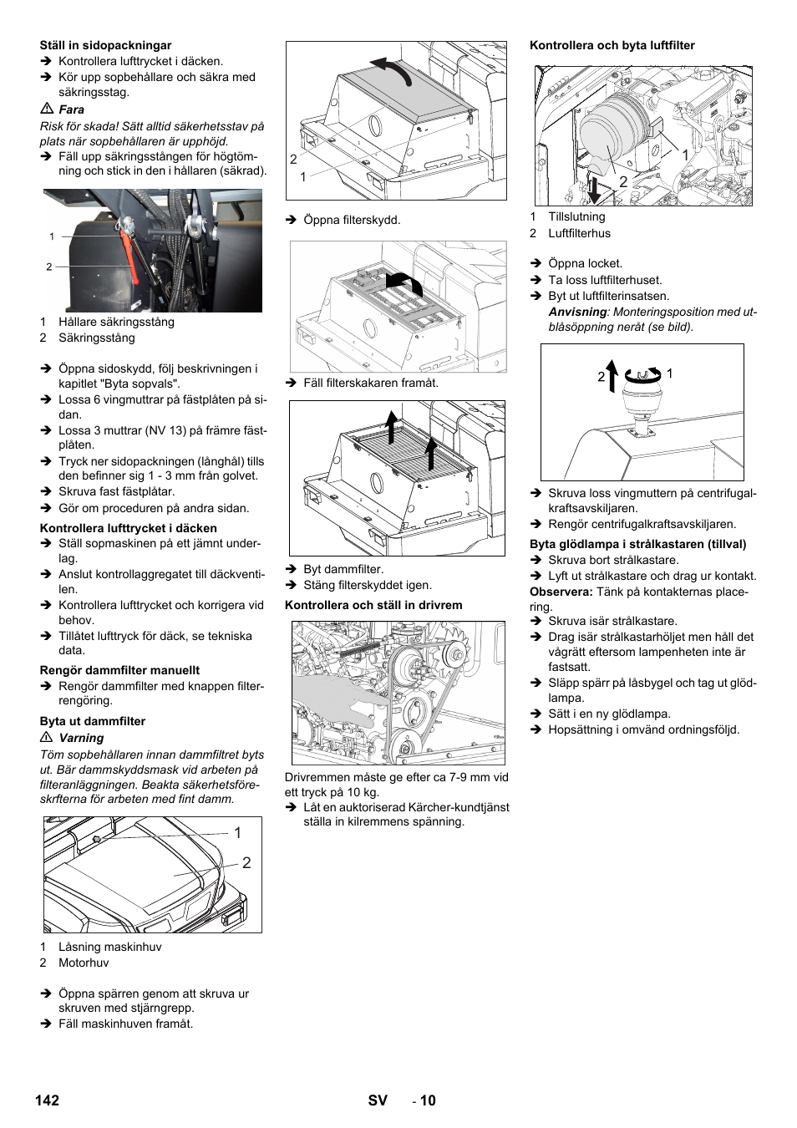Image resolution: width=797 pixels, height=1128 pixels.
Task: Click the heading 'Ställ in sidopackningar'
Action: tap(105, 45)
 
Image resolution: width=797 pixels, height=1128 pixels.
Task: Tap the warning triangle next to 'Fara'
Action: tap(47, 109)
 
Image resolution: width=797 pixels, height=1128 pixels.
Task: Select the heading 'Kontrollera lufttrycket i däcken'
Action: tap(128, 528)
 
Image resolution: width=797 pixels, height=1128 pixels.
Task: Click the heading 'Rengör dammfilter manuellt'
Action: tap(119, 670)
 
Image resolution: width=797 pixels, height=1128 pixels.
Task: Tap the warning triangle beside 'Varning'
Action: tap(47, 738)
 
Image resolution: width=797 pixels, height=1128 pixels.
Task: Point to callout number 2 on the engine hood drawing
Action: tap(246, 863)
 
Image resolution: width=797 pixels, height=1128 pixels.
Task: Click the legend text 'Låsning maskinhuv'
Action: tap(109, 947)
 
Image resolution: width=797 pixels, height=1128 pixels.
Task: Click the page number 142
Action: tap(48, 1100)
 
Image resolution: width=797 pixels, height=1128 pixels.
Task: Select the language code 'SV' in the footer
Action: tap(378, 1100)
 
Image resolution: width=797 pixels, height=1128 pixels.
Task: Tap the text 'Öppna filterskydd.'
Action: tap(352, 220)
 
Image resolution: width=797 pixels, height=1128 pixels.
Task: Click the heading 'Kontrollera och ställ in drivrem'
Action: tap(373, 605)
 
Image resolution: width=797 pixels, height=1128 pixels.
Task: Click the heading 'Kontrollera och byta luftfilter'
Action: tap(612, 45)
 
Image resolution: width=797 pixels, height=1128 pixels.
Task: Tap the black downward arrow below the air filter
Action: tap(593, 189)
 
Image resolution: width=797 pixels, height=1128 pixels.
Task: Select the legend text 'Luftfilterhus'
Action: tap(579, 233)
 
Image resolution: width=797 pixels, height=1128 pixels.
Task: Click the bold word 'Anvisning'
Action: tap(577, 312)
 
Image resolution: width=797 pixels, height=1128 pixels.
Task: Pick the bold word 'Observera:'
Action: tap(561, 592)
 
